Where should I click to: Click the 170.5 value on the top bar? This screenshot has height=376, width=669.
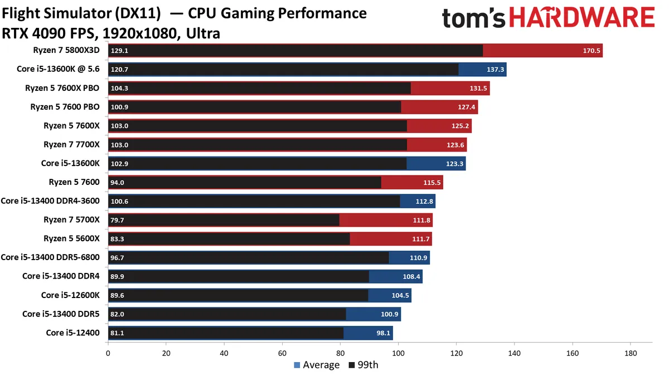point(591,51)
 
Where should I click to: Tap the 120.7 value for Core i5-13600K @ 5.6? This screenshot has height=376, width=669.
point(119,70)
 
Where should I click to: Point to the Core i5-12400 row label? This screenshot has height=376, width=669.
point(72,333)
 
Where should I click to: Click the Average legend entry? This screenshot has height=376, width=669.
point(316,365)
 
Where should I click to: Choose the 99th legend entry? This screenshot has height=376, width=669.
point(363,365)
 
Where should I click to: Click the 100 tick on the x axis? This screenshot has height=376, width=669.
point(398,353)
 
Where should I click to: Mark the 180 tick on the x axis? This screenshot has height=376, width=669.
point(631,353)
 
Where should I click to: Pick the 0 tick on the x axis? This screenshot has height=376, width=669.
point(108,353)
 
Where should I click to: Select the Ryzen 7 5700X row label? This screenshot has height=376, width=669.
point(71,220)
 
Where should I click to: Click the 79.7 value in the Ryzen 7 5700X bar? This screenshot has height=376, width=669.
point(118,220)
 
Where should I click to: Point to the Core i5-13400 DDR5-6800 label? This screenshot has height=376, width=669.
point(50,257)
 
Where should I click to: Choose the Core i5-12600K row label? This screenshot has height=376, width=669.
point(70,295)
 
